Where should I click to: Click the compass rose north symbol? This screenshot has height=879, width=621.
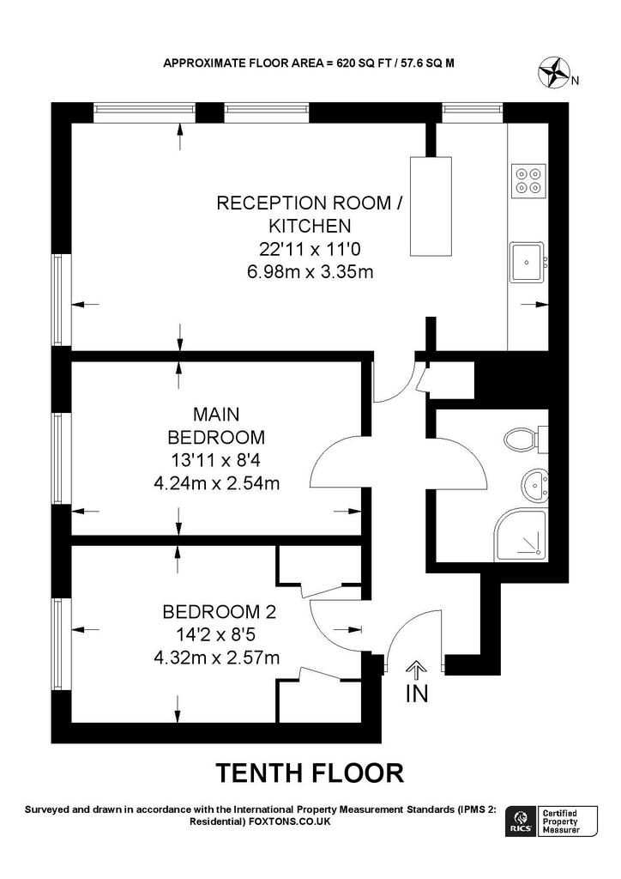(554, 74)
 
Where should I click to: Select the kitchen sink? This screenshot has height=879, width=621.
(528, 262)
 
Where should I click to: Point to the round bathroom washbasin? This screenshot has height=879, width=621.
(535, 484)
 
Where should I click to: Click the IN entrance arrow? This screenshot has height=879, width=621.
(416, 670)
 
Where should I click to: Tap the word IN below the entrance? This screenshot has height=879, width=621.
(417, 694)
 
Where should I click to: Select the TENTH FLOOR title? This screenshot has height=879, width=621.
(310, 773)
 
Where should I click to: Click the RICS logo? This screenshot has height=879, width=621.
(520, 821)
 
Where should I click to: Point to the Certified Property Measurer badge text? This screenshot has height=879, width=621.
(561, 821)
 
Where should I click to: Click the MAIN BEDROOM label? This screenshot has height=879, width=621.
(216, 426)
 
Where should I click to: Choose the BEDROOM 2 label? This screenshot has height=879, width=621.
(219, 611)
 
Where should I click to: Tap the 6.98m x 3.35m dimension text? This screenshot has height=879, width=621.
(310, 272)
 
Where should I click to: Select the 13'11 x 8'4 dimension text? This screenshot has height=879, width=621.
(216, 460)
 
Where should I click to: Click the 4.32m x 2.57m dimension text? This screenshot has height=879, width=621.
(217, 657)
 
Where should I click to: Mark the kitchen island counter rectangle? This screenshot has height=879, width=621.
(431, 206)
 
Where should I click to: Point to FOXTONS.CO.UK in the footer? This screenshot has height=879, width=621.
(290, 821)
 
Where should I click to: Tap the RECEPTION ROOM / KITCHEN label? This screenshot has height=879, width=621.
(310, 214)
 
